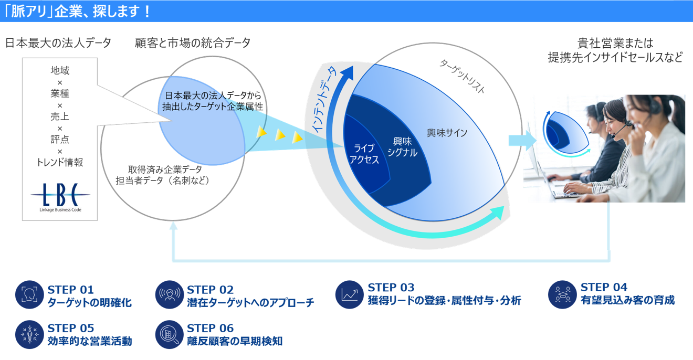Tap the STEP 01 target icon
pyautogui.click(x=28, y=295)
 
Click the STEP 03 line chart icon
pyautogui.click(x=349, y=294)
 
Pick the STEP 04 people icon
pyautogui.click(x=562, y=294)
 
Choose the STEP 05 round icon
pyautogui.click(x=28, y=335)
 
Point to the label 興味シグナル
pyautogui.click(x=402, y=147)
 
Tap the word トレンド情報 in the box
pyautogui.click(x=60, y=163)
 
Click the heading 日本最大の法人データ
pyautogui.click(x=58, y=43)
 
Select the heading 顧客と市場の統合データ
pyautogui.click(x=193, y=43)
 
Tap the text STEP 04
pyautogui.click(x=604, y=288)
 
